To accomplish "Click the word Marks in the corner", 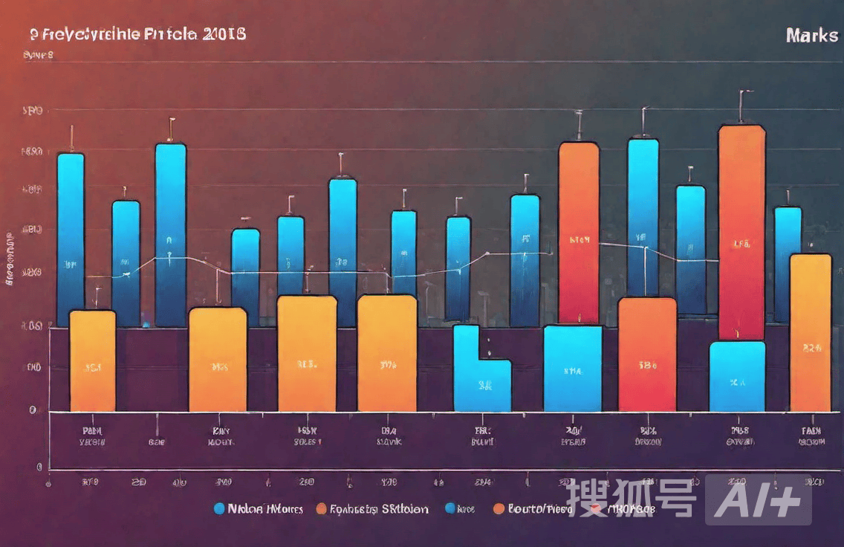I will point(811,36).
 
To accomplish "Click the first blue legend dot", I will point(218,509).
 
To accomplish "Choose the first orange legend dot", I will point(321,509).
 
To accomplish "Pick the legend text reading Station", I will point(405,509).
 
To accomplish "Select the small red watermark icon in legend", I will point(594,509).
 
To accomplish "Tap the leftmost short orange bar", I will point(92,360).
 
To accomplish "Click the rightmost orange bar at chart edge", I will point(810,332).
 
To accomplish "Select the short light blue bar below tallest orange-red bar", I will point(737,376).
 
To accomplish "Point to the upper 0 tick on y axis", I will point(33,410).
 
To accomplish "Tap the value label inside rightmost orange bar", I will point(812,347).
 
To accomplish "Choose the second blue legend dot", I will point(449,509).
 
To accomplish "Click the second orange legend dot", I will point(499,509).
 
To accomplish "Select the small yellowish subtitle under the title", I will point(38,55).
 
